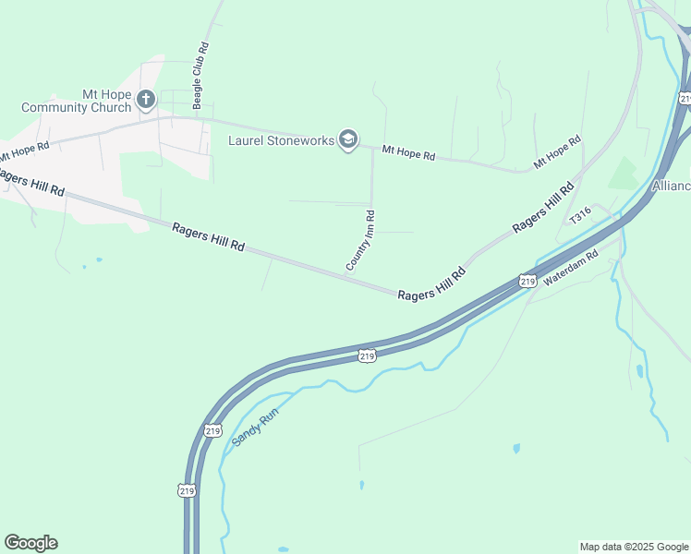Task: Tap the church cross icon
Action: (146, 99)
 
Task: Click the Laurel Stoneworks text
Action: (282, 140)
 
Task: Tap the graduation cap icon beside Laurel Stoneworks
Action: (348, 140)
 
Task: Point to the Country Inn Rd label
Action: (360, 242)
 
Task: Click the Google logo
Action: (30, 543)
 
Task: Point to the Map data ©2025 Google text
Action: (633, 547)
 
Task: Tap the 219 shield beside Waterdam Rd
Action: (527, 281)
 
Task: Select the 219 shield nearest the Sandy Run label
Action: (212, 430)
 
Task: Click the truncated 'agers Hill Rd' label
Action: (32, 183)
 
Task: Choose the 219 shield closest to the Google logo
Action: (187, 490)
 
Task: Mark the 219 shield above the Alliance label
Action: (684, 99)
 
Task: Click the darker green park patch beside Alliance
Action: (624, 174)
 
